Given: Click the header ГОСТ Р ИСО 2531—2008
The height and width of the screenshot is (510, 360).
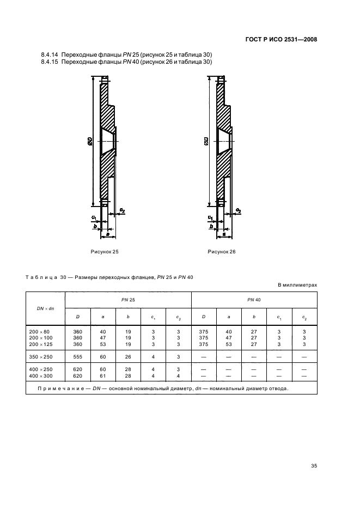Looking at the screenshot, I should point(281,39).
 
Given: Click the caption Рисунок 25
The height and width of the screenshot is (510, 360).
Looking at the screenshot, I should point(105,252).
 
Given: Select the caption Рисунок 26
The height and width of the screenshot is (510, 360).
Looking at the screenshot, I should point(222,252).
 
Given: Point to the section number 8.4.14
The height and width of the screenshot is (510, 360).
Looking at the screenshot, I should point(50,54).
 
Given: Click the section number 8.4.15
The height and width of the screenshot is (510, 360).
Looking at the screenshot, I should point(50,62).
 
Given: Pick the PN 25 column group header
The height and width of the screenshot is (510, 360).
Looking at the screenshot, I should point(128,300).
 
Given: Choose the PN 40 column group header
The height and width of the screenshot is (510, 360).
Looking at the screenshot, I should point(254,300).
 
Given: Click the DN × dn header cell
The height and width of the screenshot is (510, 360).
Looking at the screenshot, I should point(45,308).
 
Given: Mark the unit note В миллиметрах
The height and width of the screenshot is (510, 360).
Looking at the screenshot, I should point(297,285).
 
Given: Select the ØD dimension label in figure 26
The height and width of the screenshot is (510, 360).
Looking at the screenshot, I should point(206,143).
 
